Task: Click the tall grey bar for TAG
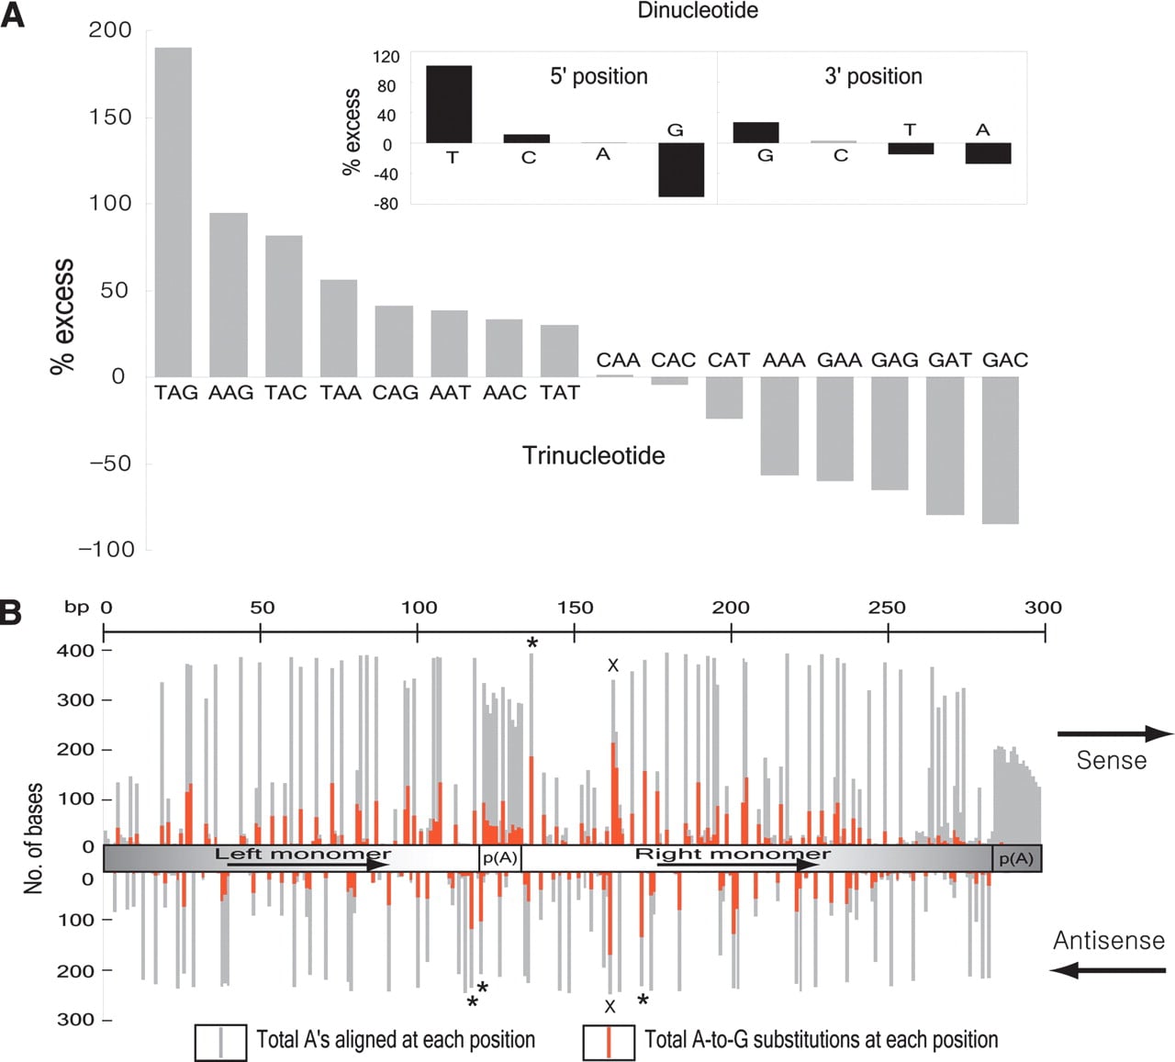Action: tap(173, 212)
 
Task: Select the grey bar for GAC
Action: tap(1001, 450)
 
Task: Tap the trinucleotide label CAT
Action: tap(728, 360)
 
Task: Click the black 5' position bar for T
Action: tap(449, 105)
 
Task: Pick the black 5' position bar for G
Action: tap(681, 170)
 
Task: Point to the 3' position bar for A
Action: tap(988, 153)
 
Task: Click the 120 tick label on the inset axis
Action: tap(386, 57)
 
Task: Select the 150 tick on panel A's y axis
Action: tap(110, 117)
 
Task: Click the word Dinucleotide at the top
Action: tap(698, 10)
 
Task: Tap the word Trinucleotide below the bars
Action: tap(593, 455)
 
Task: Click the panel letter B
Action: tap(11, 613)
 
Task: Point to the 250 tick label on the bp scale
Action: tap(888, 608)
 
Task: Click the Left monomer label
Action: tap(303, 854)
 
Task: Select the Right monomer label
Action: tap(733, 854)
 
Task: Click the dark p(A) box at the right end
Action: tap(1016, 859)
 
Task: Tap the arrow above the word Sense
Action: tap(1115, 733)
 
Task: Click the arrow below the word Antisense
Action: tap(1108, 970)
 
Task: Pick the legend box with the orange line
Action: tap(609, 1042)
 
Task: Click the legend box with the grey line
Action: tap(220, 1042)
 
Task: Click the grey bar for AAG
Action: tap(229, 295)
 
